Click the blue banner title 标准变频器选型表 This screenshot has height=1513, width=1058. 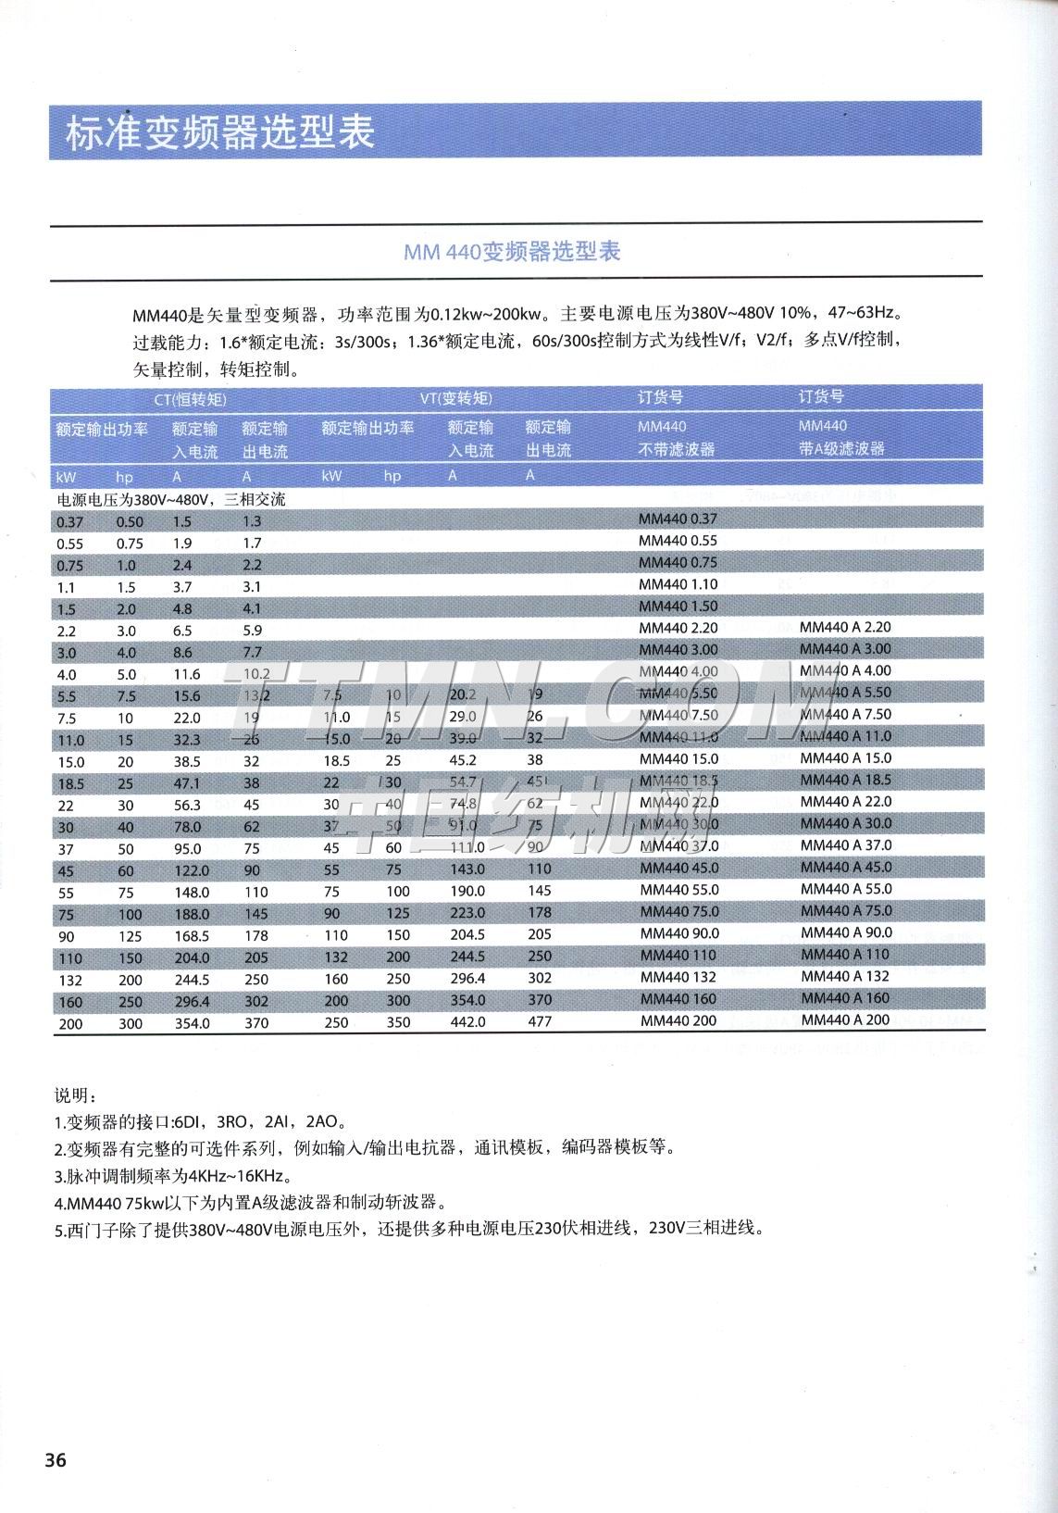click(x=220, y=132)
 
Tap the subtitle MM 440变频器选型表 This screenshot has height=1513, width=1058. click(x=512, y=252)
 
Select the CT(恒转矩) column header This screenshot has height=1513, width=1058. click(x=190, y=399)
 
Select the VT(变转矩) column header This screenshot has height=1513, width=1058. click(x=455, y=399)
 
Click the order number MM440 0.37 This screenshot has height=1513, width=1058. click(x=678, y=519)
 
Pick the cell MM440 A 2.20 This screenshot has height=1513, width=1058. click(x=845, y=627)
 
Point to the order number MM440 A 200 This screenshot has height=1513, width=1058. click(x=845, y=1019)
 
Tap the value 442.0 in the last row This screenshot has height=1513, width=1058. click(x=467, y=1022)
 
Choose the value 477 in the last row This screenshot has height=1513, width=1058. click(x=539, y=1022)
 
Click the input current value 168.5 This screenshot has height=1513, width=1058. click(x=193, y=936)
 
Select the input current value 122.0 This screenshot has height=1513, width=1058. click(x=193, y=869)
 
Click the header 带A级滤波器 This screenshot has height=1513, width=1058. click(x=841, y=449)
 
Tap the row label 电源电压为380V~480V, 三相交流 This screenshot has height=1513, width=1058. click(x=171, y=499)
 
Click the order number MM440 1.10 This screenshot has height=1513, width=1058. click(x=678, y=584)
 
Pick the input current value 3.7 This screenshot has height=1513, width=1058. click(x=182, y=587)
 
